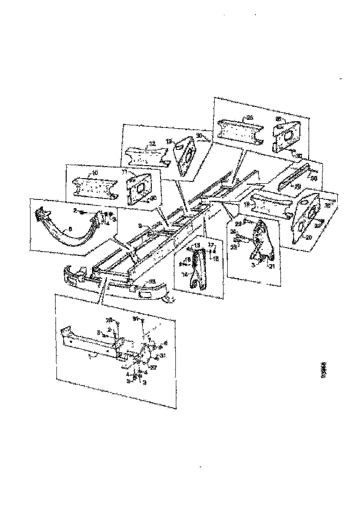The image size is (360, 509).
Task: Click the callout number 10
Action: [x=94, y=172]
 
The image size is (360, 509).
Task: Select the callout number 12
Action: [x=151, y=143]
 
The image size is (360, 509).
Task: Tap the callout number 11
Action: [x=124, y=171]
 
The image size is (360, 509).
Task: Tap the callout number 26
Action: [x=250, y=118]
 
